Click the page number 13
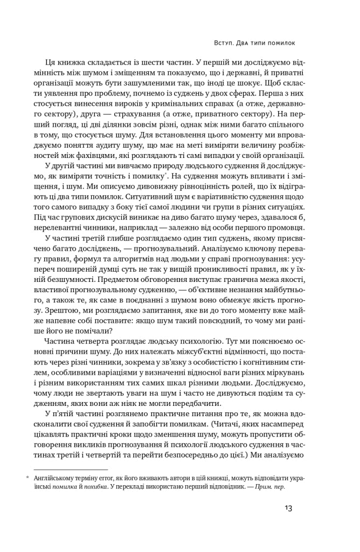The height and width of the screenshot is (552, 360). pyautogui.click(x=288, y=508)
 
